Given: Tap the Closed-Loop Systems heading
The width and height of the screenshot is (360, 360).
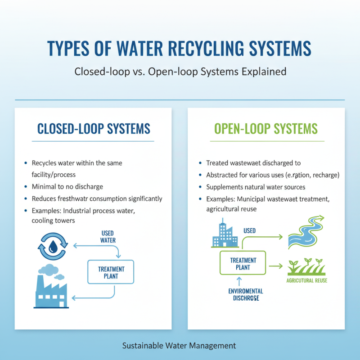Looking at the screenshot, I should (x=94, y=129).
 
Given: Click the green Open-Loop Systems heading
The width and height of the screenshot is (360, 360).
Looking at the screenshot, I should (x=266, y=129).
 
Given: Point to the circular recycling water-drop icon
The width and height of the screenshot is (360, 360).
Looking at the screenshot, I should (x=53, y=246).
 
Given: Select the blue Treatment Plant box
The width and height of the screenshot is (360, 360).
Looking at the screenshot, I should (x=111, y=272).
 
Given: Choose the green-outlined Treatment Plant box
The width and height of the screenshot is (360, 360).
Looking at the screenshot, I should (x=243, y=263).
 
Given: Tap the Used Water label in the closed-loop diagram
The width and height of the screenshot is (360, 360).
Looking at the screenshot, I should (x=108, y=237).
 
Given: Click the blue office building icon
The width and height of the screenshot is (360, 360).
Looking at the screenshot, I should (x=224, y=234).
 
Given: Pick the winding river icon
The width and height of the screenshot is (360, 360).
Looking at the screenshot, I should (x=305, y=232).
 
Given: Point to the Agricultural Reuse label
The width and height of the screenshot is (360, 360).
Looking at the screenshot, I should (x=306, y=281).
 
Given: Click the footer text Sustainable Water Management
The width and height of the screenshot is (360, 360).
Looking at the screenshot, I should (x=179, y=346).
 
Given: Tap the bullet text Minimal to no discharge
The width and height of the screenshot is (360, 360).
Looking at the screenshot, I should (x=68, y=187).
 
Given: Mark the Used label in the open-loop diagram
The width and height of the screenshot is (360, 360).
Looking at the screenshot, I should (x=249, y=230).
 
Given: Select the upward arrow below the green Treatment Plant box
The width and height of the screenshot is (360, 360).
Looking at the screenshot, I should (x=243, y=281).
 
